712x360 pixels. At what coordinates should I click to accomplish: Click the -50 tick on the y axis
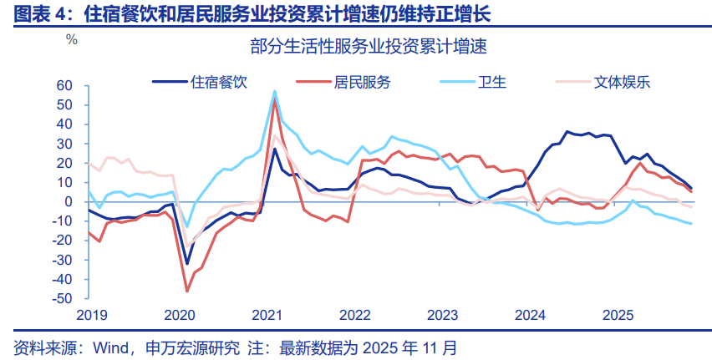(x=64, y=298)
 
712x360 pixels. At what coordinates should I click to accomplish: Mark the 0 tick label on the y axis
(x=71, y=201)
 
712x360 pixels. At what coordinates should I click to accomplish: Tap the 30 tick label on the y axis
(x=66, y=144)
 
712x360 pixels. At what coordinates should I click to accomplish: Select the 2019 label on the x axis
(x=91, y=315)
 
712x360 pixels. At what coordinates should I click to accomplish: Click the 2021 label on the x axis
(x=267, y=315)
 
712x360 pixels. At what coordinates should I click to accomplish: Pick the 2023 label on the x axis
(x=442, y=315)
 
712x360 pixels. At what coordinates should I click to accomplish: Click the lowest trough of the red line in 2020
(x=187, y=291)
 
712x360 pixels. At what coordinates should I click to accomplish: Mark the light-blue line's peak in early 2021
(x=274, y=91)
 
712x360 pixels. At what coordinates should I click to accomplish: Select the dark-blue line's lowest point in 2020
(x=187, y=263)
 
